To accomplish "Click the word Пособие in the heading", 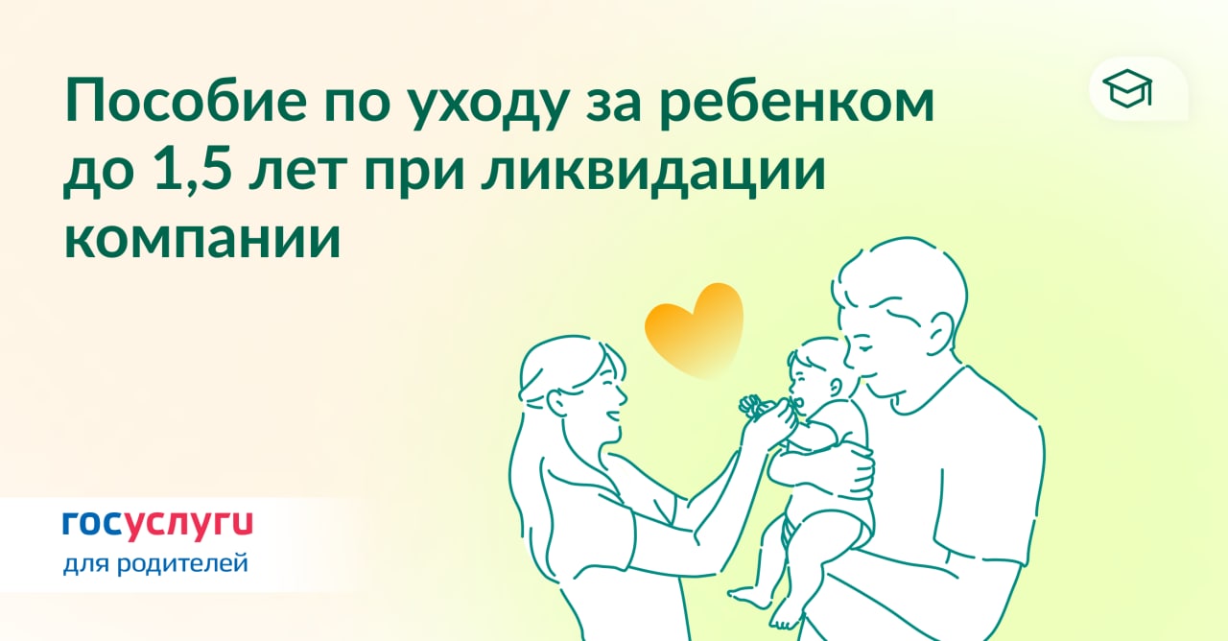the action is coord(186,102).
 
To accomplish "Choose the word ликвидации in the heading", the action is coord(653,174).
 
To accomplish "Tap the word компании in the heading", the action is coord(202,240).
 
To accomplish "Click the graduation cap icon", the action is coord(1127,89).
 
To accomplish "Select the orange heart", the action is coord(695,329).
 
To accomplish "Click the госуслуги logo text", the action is coord(158,524).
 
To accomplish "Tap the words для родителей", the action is coord(155,564).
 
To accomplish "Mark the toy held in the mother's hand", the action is coord(755,408).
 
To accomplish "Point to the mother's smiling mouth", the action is coord(613,416).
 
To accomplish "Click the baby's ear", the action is coord(836,387).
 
